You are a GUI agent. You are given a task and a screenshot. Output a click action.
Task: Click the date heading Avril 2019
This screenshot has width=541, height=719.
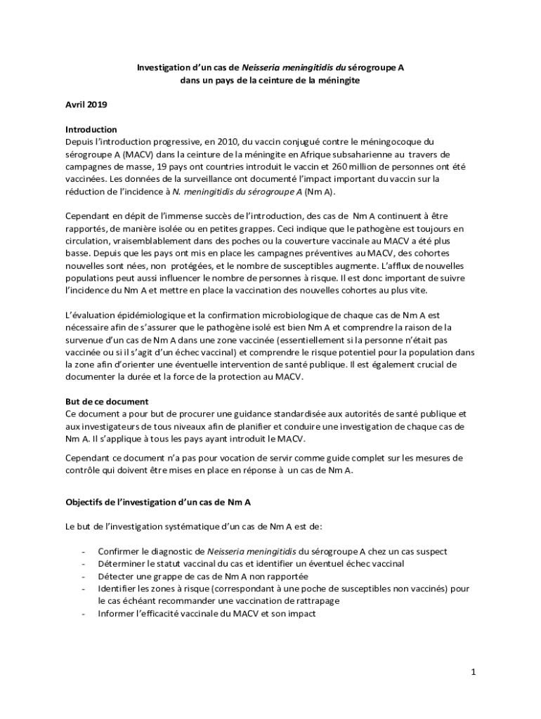tap(86, 105)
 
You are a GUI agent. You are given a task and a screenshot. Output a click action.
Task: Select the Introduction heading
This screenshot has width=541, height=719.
tap(91, 130)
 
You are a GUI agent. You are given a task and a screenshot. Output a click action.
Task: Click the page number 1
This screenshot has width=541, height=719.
tap(474, 672)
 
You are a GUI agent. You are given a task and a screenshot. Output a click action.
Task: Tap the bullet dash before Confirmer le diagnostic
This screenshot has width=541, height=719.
tap(84, 552)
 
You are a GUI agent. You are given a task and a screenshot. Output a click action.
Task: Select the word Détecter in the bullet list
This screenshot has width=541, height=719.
tap(117, 576)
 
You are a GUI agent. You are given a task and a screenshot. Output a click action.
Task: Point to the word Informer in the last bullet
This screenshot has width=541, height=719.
tap(117, 614)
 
